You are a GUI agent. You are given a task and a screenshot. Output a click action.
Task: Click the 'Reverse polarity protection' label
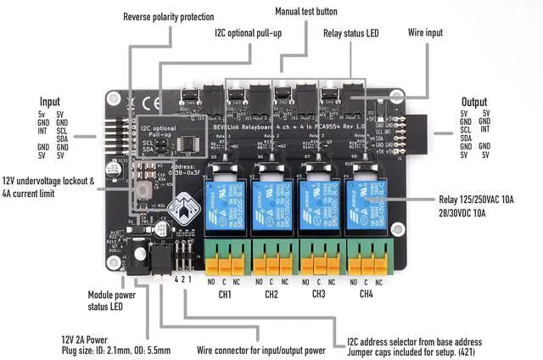click(168, 17)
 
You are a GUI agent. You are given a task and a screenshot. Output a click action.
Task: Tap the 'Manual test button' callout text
click(306, 12)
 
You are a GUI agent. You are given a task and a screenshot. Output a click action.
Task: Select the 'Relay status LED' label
click(350, 33)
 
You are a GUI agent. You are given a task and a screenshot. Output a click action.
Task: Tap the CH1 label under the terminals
click(224, 295)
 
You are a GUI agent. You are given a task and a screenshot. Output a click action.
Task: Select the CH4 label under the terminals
click(367, 295)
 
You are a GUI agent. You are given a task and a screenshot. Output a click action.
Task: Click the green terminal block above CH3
click(319, 256)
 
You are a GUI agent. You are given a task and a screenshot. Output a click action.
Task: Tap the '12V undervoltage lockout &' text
click(50, 182)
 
